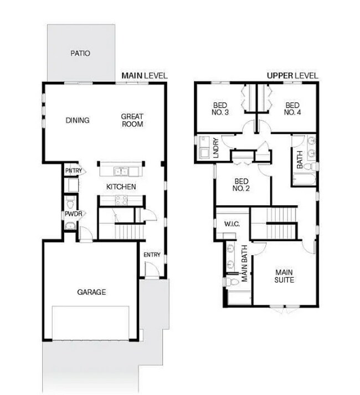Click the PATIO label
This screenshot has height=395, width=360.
(x=80, y=54)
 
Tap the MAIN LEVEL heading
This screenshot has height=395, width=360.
(x=145, y=75)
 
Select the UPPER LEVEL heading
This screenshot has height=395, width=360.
(x=292, y=75)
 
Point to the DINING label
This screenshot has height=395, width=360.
(x=78, y=121)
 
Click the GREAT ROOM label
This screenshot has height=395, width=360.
(x=132, y=120)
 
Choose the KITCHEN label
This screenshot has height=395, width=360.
(x=121, y=187)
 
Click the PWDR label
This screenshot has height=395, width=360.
(x=73, y=214)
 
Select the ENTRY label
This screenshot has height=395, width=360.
(x=152, y=254)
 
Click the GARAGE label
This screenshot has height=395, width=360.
(x=91, y=292)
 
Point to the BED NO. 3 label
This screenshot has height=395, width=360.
(x=222, y=108)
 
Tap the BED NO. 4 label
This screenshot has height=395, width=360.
(x=292, y=108)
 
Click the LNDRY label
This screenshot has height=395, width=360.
(x=216, y=149)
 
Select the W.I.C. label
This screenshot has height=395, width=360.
(x=231, y=224)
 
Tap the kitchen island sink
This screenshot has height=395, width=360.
(x=120, y=170)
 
